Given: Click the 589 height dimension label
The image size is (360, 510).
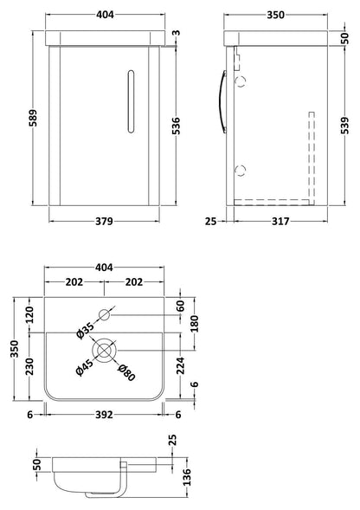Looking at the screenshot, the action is [33, 118].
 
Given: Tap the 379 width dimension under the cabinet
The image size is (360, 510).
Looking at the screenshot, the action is [104, 221].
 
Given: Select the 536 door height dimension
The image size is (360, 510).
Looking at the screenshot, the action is [176, 126].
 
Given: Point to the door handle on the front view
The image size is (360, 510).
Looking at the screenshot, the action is [131, 101].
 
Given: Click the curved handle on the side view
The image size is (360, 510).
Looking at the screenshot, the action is [222, 101].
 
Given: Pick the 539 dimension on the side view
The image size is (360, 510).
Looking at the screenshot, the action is [344, 126].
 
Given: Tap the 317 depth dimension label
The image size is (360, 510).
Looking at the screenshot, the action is [280, 221].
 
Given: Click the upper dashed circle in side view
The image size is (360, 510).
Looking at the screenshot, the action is [241, 81].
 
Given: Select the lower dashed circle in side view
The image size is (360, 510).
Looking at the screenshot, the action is [241, 171].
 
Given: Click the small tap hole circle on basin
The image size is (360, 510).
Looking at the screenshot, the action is [105, 314].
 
